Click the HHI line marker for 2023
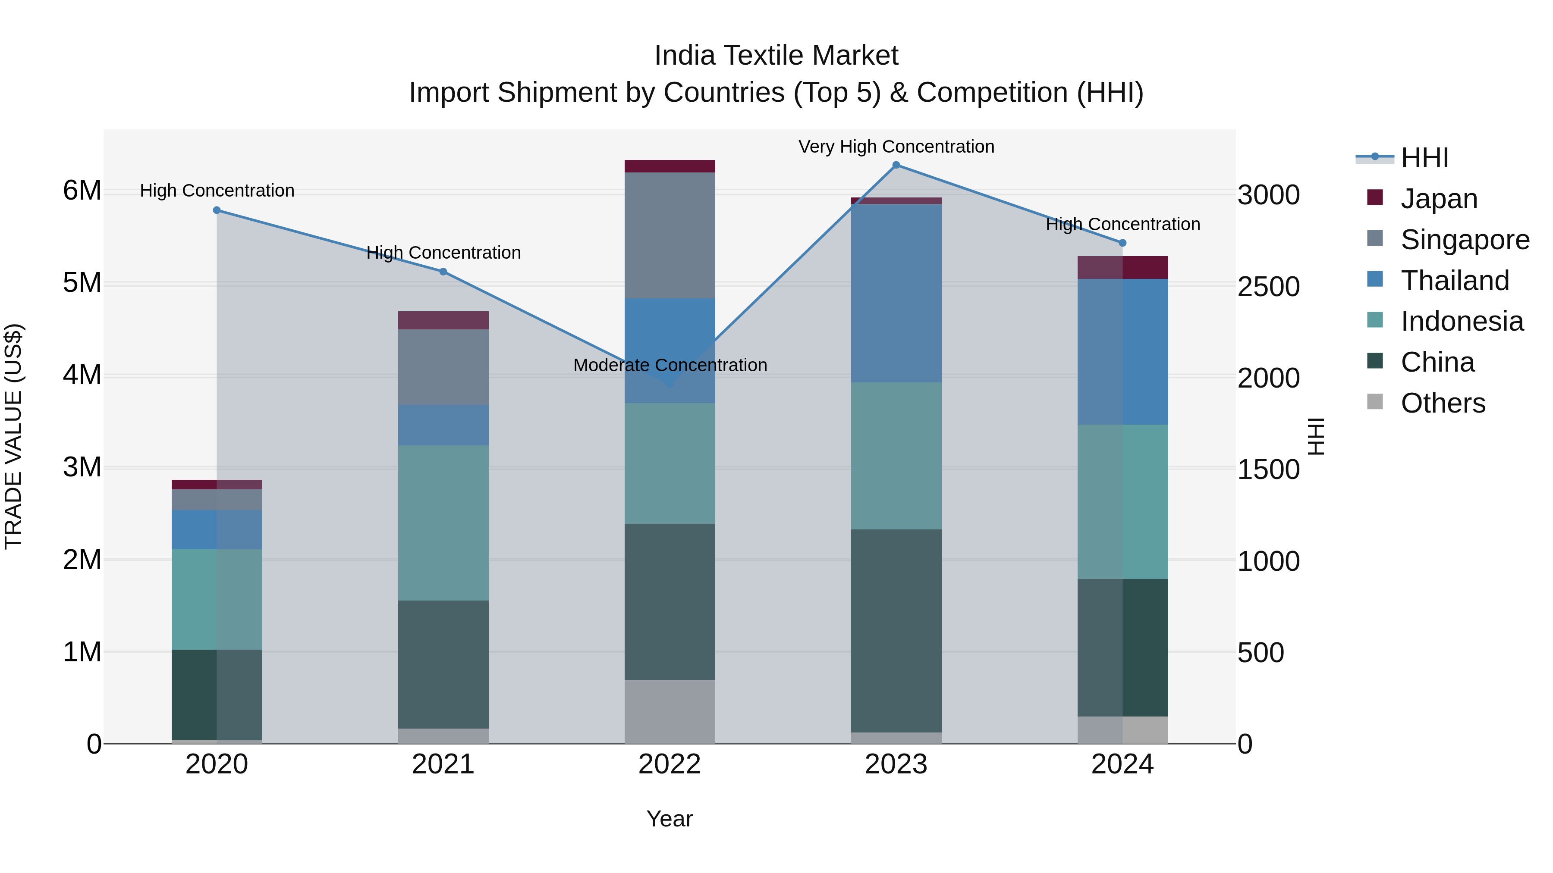896,165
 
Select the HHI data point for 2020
217,210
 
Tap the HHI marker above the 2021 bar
443,272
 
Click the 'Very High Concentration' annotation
896,147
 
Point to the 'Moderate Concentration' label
670,365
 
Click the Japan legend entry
1438,199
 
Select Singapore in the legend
1464,240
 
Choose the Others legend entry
1442,403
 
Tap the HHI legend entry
1424,158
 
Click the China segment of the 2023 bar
896,630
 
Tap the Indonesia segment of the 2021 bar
443,523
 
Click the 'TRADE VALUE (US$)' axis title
13,436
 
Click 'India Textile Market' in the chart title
776,56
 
